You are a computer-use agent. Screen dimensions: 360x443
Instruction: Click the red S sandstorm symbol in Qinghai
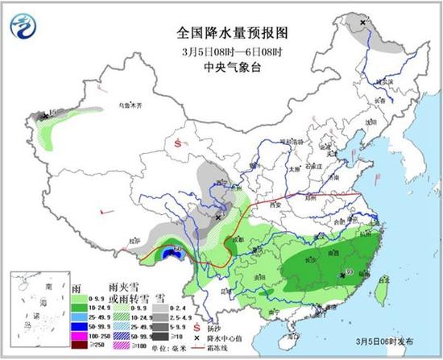[x=177, y=145]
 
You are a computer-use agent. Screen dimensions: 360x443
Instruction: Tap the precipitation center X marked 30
[x=342, y=275]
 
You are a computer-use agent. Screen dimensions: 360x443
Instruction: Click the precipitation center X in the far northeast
[x=363, y=23]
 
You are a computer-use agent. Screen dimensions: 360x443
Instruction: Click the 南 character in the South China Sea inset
[x=49, y=286]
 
